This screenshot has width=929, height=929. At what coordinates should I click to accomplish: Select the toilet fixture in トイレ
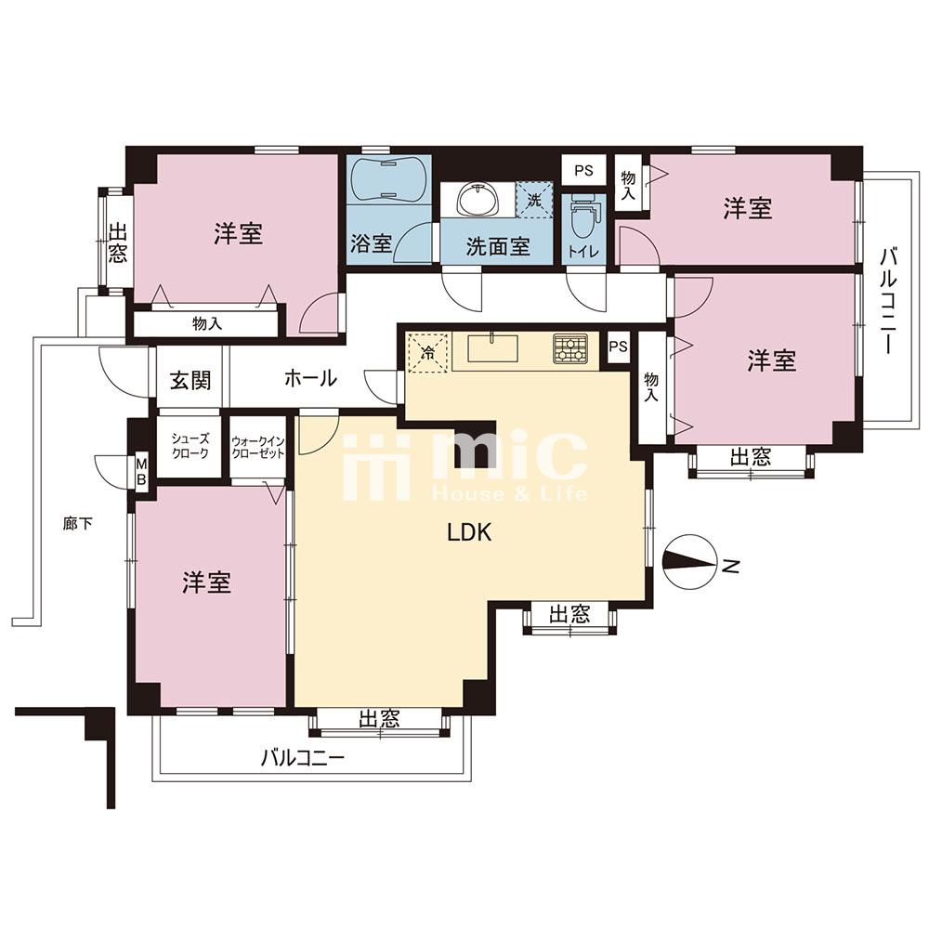pos(582,216)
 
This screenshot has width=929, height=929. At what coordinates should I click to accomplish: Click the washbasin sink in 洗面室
pos(478,198)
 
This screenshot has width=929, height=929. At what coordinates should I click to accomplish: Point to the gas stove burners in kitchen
pos(570,348)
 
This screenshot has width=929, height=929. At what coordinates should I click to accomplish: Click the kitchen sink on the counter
pos(493,348)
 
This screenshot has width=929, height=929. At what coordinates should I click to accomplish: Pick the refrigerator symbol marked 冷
pos(427,352)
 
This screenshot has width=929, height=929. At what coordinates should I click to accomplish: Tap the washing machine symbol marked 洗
pos(534,199)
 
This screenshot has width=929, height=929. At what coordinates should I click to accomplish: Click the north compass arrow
pos(692,563)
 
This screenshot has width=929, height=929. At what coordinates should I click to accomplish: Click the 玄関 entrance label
pos(190,380)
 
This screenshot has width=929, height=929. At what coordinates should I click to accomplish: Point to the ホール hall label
pos(309,379)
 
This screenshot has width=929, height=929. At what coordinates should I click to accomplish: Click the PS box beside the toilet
pos(583,171)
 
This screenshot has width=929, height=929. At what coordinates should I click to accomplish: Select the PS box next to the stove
pos(618,347)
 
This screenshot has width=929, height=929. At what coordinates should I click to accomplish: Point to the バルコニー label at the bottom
pos(301,757)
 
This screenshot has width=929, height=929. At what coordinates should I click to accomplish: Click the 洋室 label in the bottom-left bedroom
pos(206,583)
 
